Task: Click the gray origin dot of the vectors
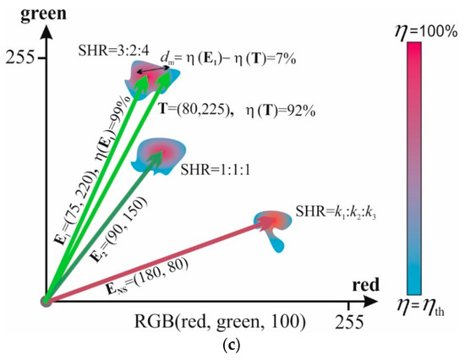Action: click(x=46, y=300)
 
